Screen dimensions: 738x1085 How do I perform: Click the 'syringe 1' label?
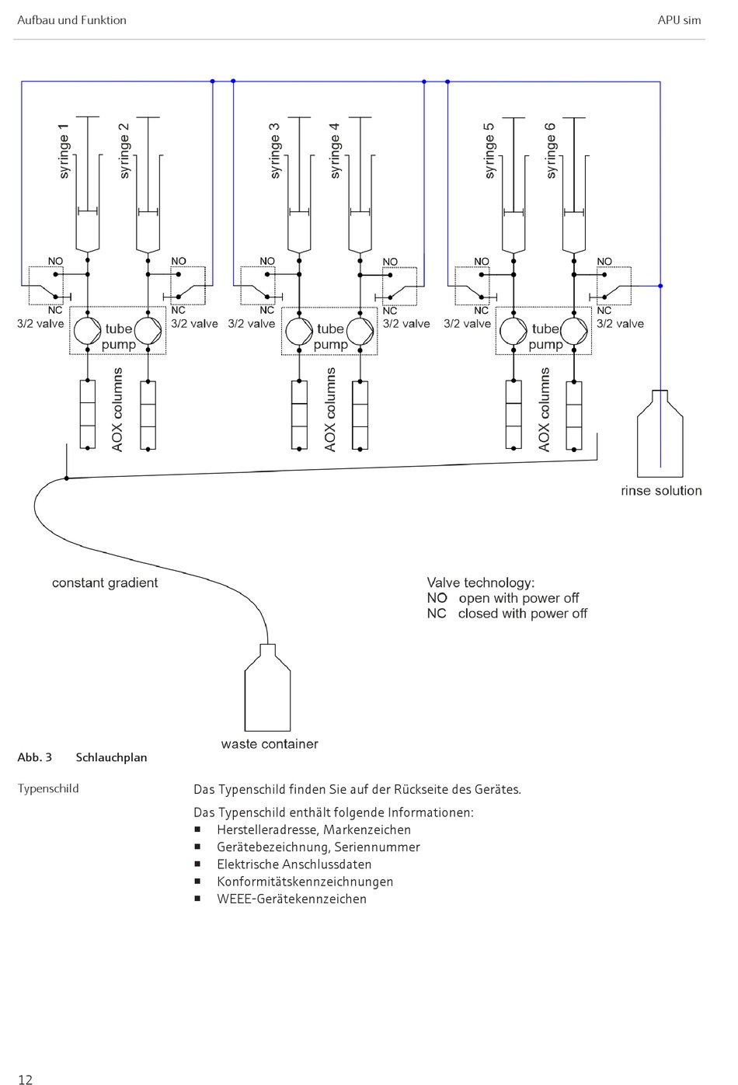(64, 151)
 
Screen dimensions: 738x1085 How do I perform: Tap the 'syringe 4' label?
(334, 151)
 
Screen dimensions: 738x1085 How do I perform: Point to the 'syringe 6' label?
(551, 151)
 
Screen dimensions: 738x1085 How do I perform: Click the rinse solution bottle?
(660, 433)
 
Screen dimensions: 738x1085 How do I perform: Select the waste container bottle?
(267, 687)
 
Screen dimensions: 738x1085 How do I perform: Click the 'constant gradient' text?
(105, 582)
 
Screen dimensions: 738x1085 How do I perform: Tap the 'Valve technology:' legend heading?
(481, 582)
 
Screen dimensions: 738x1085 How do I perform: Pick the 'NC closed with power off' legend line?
(507, 614)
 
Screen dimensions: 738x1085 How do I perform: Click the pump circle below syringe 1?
(88, 332)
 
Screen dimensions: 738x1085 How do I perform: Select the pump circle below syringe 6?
(574, 332)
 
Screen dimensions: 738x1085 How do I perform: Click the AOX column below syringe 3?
(299, 415)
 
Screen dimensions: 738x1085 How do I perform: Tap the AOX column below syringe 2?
(148, 415)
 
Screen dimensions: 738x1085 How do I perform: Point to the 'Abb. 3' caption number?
(34, 757)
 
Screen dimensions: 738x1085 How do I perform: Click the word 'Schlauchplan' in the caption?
(111, 757)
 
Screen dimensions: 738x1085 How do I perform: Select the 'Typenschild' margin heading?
(48, 788)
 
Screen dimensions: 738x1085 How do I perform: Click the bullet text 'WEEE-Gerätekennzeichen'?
(292, 899)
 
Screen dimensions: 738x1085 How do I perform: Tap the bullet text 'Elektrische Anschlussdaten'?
(294, 864)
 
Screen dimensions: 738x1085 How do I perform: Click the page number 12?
(25, 1080)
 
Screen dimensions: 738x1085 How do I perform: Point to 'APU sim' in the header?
(679, 20)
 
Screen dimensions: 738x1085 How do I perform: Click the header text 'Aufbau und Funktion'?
(71, 20)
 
